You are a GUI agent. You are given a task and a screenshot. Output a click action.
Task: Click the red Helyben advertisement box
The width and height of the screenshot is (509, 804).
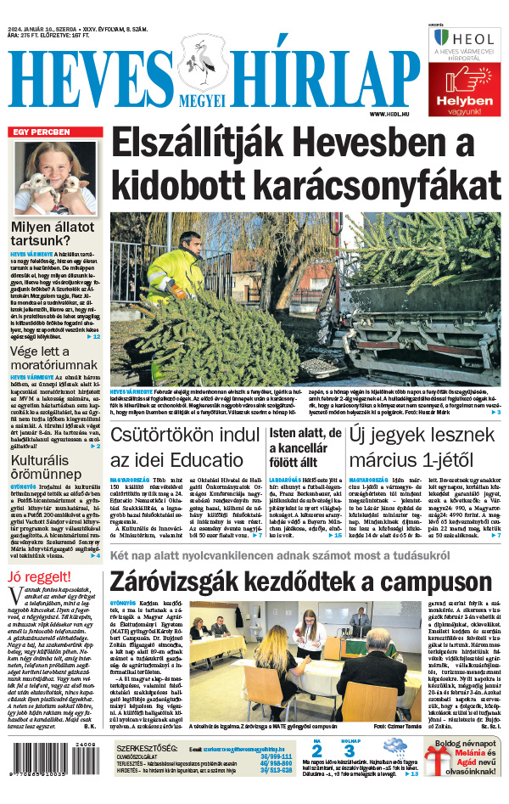tap(464, 90)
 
